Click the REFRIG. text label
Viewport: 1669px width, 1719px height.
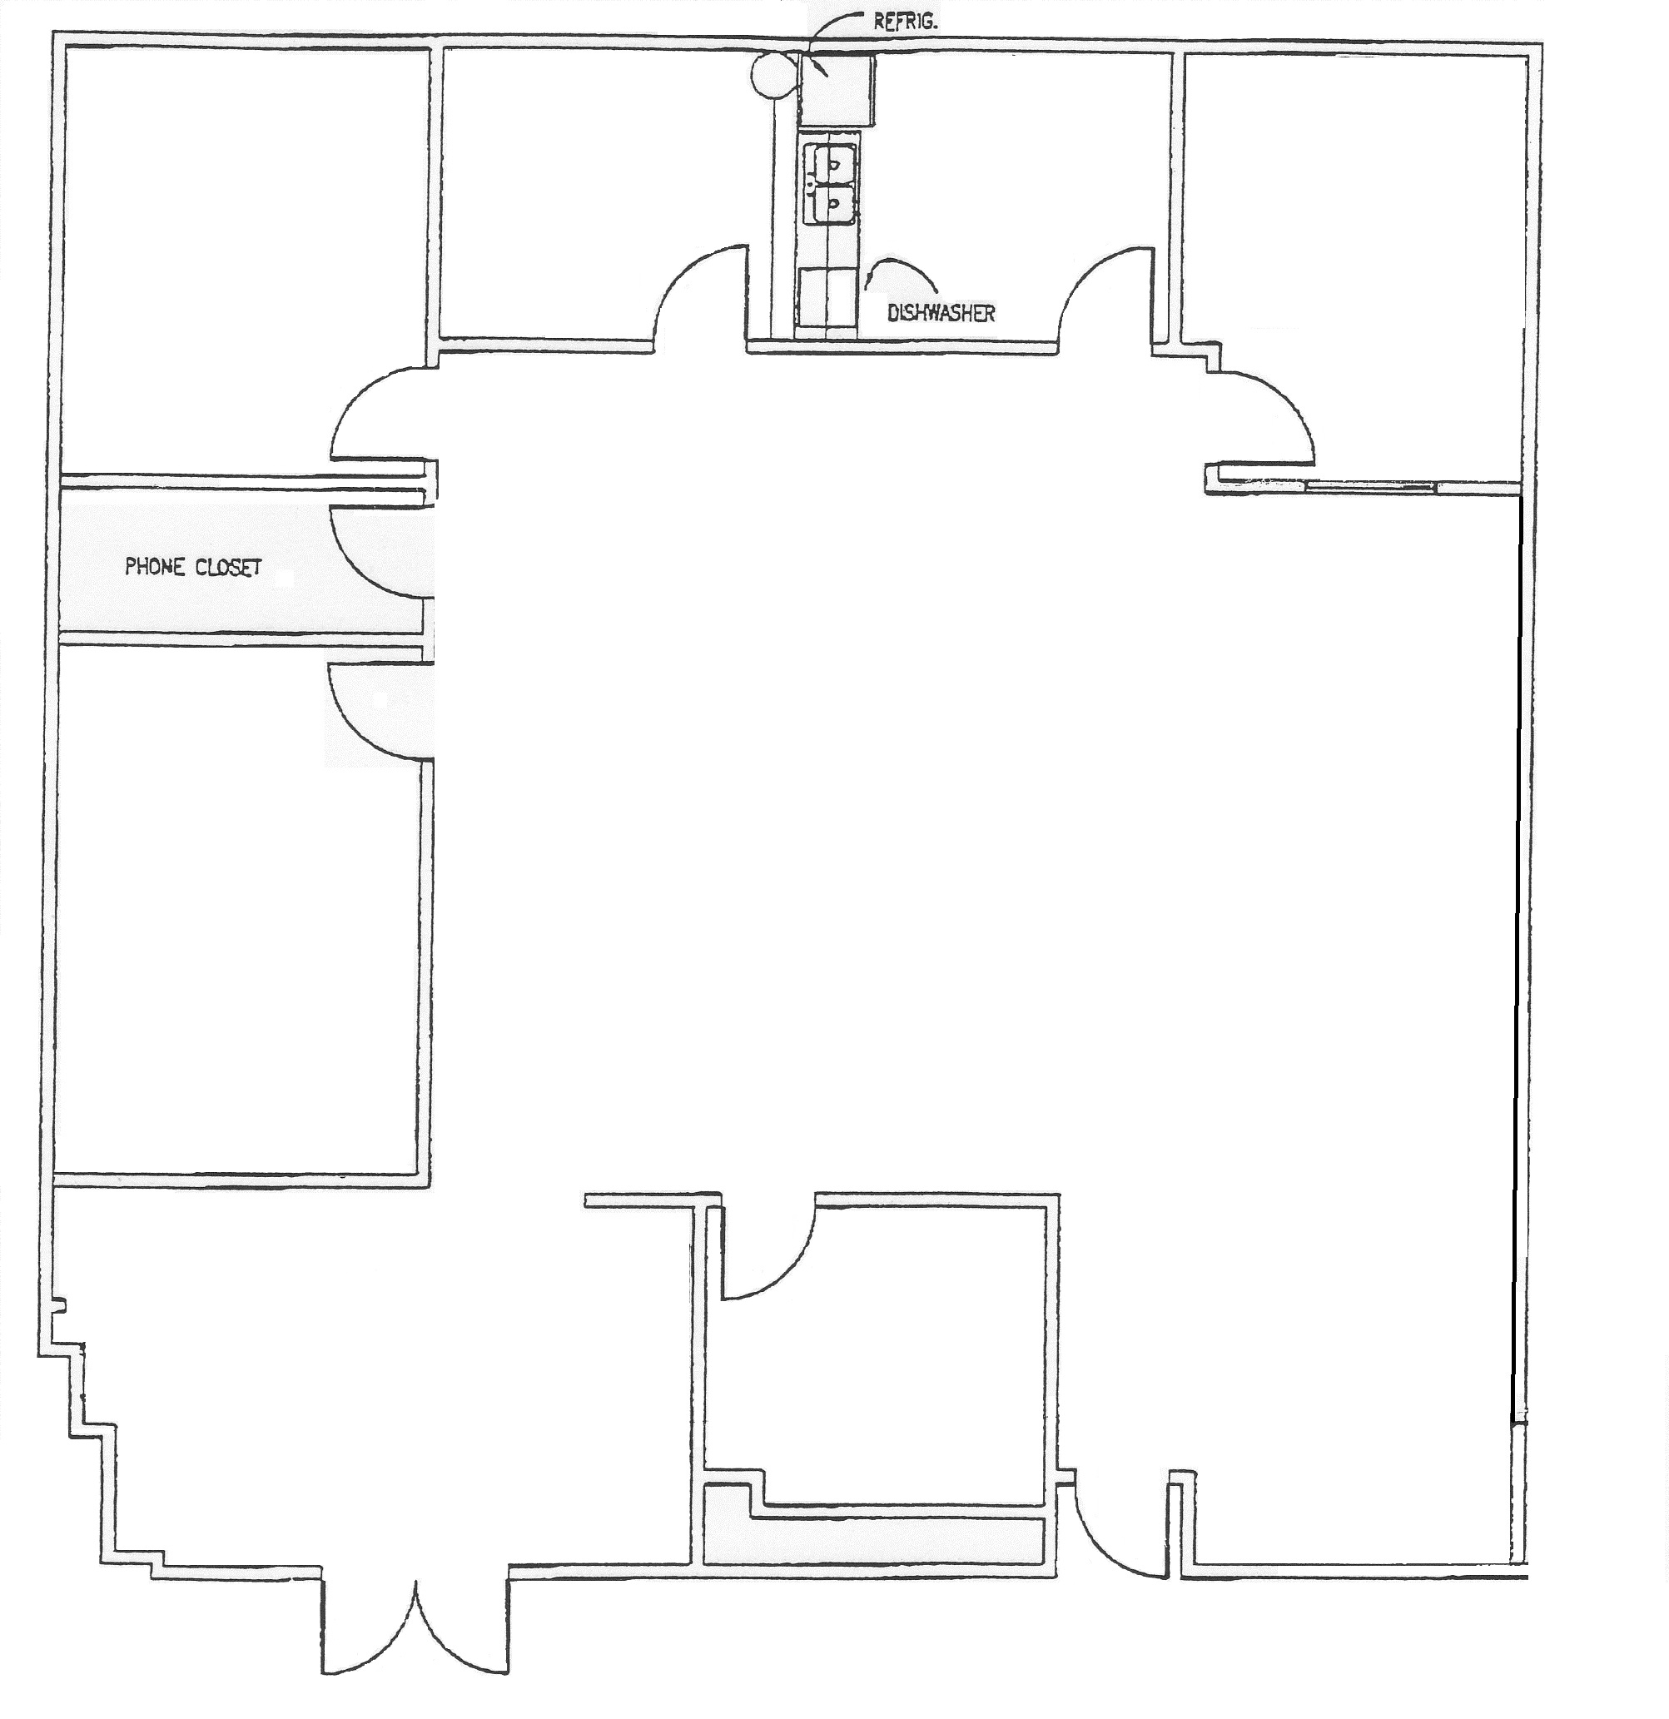(x=905, y=22)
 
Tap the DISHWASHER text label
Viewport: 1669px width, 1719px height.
(x=941, y=313)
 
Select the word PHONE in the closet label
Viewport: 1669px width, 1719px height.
(x=154, y=567)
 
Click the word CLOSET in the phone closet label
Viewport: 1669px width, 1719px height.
(x=228, y=568)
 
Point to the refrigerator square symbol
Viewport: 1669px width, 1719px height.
(x=837, y=88)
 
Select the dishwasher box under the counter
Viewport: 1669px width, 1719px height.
(x=826, y=298)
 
